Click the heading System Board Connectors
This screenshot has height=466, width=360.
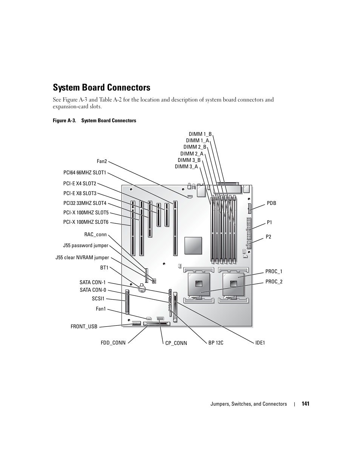[x=102, y=88]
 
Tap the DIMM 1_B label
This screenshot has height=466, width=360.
[x=200, y=134]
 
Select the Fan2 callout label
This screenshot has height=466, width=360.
[x=102, y=161]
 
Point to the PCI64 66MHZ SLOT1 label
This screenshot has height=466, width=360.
[x=85, y=173]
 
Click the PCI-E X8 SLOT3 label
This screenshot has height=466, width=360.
[x=80, y=193]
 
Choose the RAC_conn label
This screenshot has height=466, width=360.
[x=95, y=235]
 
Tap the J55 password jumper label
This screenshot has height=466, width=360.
[x=86, y=246]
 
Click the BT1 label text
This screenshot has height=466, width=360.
[x=104, y=268]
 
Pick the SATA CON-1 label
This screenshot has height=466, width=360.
[x=92, y=282]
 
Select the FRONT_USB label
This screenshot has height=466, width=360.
[x=84, y=327]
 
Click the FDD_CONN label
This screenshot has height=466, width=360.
[x=113, y=343]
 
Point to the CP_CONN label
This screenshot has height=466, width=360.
[x=176, y=343]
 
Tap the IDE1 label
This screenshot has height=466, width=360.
[x=260, y=343]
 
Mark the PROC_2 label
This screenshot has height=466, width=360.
[x=274, y=282]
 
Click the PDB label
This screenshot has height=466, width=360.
[x=271, y=203]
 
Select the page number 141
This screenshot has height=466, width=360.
[x=305, y=404]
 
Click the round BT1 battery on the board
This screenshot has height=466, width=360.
[x=142, y=289]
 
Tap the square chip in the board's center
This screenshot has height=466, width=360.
[x=193, y=246]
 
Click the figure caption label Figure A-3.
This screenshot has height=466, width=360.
[x=65, y=121]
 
